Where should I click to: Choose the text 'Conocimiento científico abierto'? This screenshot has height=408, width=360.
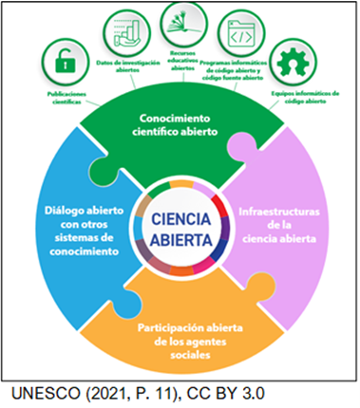[x=179, y=123]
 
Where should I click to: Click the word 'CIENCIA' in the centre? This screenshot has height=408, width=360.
[x=180, y=217]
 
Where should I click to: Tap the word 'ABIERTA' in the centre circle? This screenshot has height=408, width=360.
[x=180, y=238]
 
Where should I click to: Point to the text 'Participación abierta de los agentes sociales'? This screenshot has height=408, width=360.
[x=179, y=333]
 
